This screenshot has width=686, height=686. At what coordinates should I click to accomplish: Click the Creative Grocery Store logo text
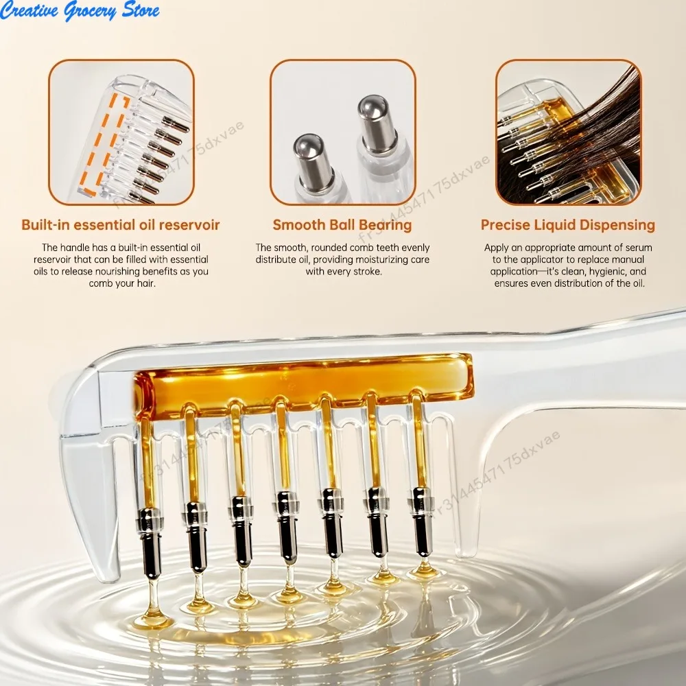point(80,10)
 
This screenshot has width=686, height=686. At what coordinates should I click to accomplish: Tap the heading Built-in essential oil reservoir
point(120,225)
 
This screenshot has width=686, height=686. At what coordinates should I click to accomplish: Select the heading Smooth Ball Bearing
point(342,225)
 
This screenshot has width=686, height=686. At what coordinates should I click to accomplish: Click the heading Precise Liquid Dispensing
point(568,225)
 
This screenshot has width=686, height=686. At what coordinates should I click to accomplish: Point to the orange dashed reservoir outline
point(104,144)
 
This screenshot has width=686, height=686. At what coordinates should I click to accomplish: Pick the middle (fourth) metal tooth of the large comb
point(287,527)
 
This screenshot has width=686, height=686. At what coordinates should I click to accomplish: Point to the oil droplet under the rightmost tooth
point(424,569)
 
